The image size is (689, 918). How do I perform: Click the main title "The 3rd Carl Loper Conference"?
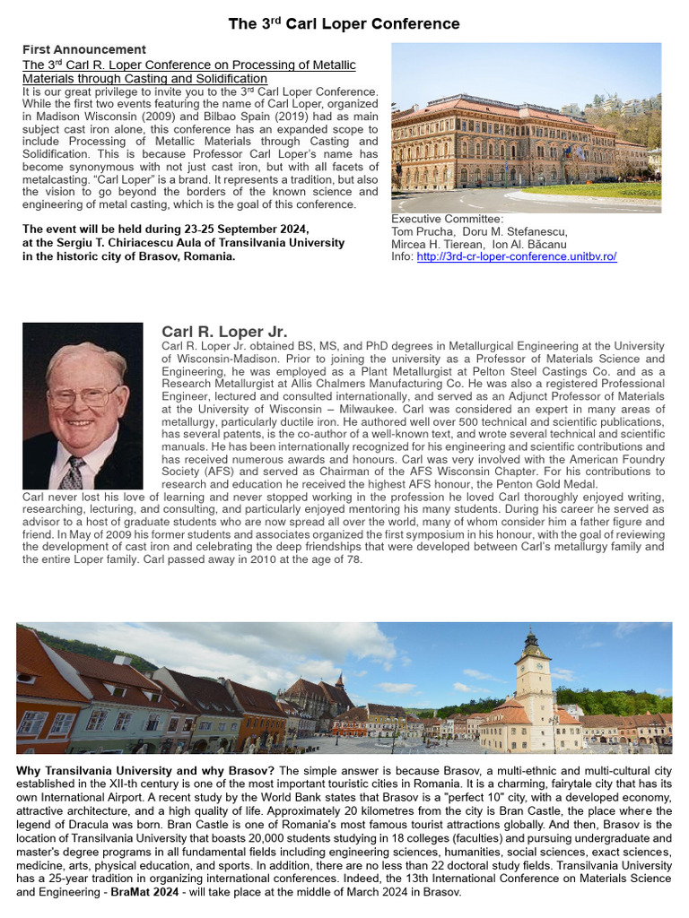(x=344, y=24)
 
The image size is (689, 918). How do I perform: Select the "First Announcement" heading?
(x=84, y=49)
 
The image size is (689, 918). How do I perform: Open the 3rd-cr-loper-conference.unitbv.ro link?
(x=517, y=257)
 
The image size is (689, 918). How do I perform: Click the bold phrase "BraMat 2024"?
(x=151, y=893)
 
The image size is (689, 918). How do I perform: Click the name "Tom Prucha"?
(x=423, y=231)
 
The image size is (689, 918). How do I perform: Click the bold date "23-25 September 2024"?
(x=228, y=229)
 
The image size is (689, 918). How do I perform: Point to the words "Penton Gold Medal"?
(x=544, y=484)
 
